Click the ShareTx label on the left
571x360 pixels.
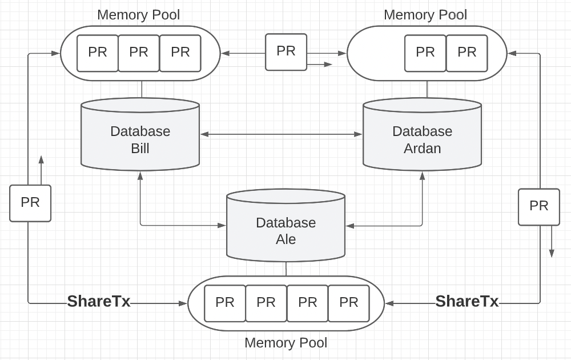(99, 301)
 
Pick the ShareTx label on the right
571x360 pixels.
(467, 301)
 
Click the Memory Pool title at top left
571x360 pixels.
(138, 15)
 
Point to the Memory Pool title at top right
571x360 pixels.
(425, 15)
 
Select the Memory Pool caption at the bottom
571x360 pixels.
(285, 343)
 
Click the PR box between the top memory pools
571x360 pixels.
(286, 51)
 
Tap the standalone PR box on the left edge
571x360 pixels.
(30, 203)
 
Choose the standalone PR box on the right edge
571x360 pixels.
(539, 206)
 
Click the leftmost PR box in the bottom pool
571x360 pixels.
(225, 303)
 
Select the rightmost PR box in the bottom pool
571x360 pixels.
(348, 303)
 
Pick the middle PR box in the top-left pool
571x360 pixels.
(139, 53)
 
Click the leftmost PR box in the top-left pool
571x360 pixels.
(98, 53)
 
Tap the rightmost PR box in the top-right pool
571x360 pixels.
(467, 53)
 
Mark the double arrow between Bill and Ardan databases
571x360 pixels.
(281, 134)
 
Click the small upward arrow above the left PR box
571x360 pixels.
(41, 169)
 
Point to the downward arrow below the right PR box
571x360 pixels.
(552, 243)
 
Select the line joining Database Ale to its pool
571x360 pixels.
(286, 269)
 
